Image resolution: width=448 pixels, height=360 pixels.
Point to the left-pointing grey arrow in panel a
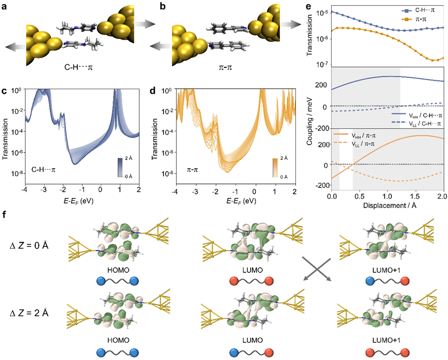pyautogui.click(x=12, y=47)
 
